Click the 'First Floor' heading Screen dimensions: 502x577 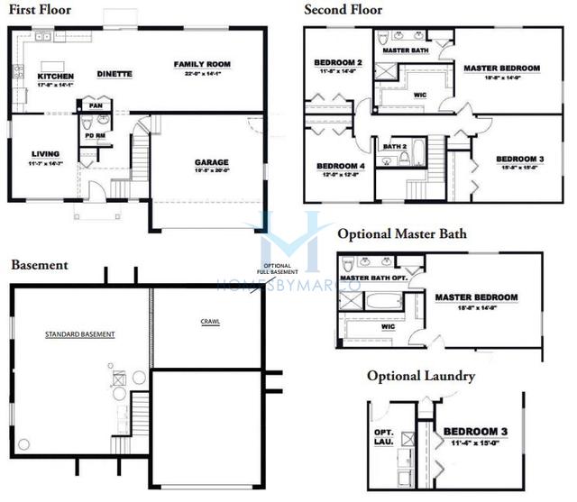point(41,10)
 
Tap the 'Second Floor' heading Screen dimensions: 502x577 point(343,10)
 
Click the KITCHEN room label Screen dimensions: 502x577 point(55,77)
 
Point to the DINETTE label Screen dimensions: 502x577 point(114,74)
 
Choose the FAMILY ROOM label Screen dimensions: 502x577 point(203,65)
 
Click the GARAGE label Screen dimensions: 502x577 point(211,163)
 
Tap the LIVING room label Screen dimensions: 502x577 point(45,153)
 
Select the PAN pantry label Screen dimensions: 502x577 point(96,105)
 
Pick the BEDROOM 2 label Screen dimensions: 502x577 point(337,63)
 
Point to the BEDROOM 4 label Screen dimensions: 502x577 point(340,165)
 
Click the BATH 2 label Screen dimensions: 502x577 point(394,146)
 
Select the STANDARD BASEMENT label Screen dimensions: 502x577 point(80,334)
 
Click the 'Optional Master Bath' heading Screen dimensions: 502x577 point(402,234)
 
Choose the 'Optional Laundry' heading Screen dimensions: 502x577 point(420,376)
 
